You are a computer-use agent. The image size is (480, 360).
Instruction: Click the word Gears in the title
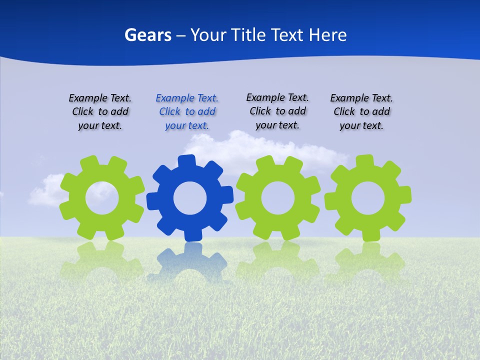click(x=147, y=35)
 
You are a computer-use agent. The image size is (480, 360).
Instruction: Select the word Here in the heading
click(x=327, y=35)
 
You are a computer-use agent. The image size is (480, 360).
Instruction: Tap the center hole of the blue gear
click(x=190, y=198)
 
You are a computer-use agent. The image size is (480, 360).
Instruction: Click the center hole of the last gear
click(x=368, y=198)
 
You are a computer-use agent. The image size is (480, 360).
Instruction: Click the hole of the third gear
click(x=278, y=198)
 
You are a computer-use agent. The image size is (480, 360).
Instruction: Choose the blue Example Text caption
click(x=187, y=112)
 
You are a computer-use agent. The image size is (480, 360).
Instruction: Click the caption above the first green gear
click(x=100, y=112)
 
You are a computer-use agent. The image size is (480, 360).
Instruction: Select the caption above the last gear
click(x=361, y=112)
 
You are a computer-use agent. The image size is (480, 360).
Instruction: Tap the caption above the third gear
click(x=277, y=111)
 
